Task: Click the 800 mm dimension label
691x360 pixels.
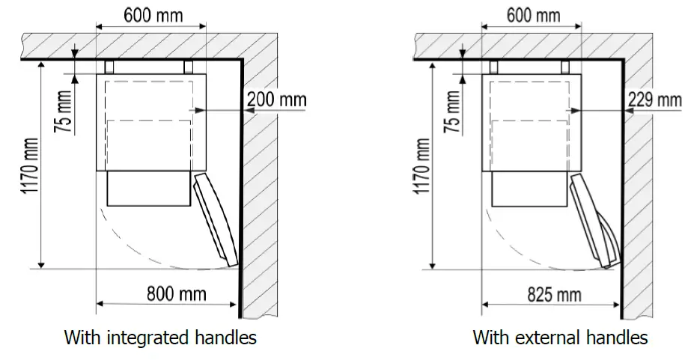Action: tap(176, 293)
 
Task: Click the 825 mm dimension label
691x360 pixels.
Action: tap(555, 294)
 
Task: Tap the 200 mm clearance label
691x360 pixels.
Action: tap(276, 99)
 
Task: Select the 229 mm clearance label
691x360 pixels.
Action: tap(655, 100)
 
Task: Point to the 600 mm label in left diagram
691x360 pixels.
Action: tap(153, 15)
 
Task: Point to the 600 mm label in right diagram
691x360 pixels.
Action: tap(533, 16)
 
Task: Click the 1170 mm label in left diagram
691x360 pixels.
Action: tap(31, 165)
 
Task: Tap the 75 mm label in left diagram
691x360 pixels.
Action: tap(63, 112)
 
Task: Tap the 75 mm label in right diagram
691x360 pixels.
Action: tap(454, 112)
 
